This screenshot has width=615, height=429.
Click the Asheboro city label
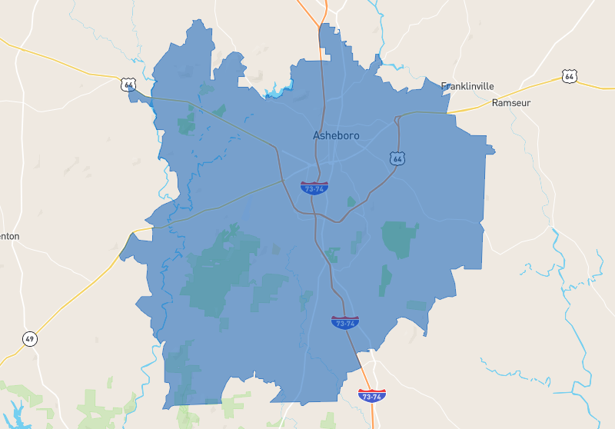336,136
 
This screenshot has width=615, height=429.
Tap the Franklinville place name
467,86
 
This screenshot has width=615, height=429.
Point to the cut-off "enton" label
10,236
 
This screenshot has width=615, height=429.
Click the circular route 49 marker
29,338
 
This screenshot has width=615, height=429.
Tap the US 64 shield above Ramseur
569,76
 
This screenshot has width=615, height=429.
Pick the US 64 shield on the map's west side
128,84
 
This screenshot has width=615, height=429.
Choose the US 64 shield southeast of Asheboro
397,158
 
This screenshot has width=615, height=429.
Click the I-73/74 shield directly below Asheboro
314,188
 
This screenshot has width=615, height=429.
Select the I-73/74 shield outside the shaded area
372,395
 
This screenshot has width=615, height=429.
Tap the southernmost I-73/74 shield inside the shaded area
344,322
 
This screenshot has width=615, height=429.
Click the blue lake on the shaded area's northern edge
275,94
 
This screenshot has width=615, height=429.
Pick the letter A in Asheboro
317,136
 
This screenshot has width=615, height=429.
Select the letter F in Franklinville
444,86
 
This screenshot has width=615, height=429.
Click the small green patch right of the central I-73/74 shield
351,202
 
